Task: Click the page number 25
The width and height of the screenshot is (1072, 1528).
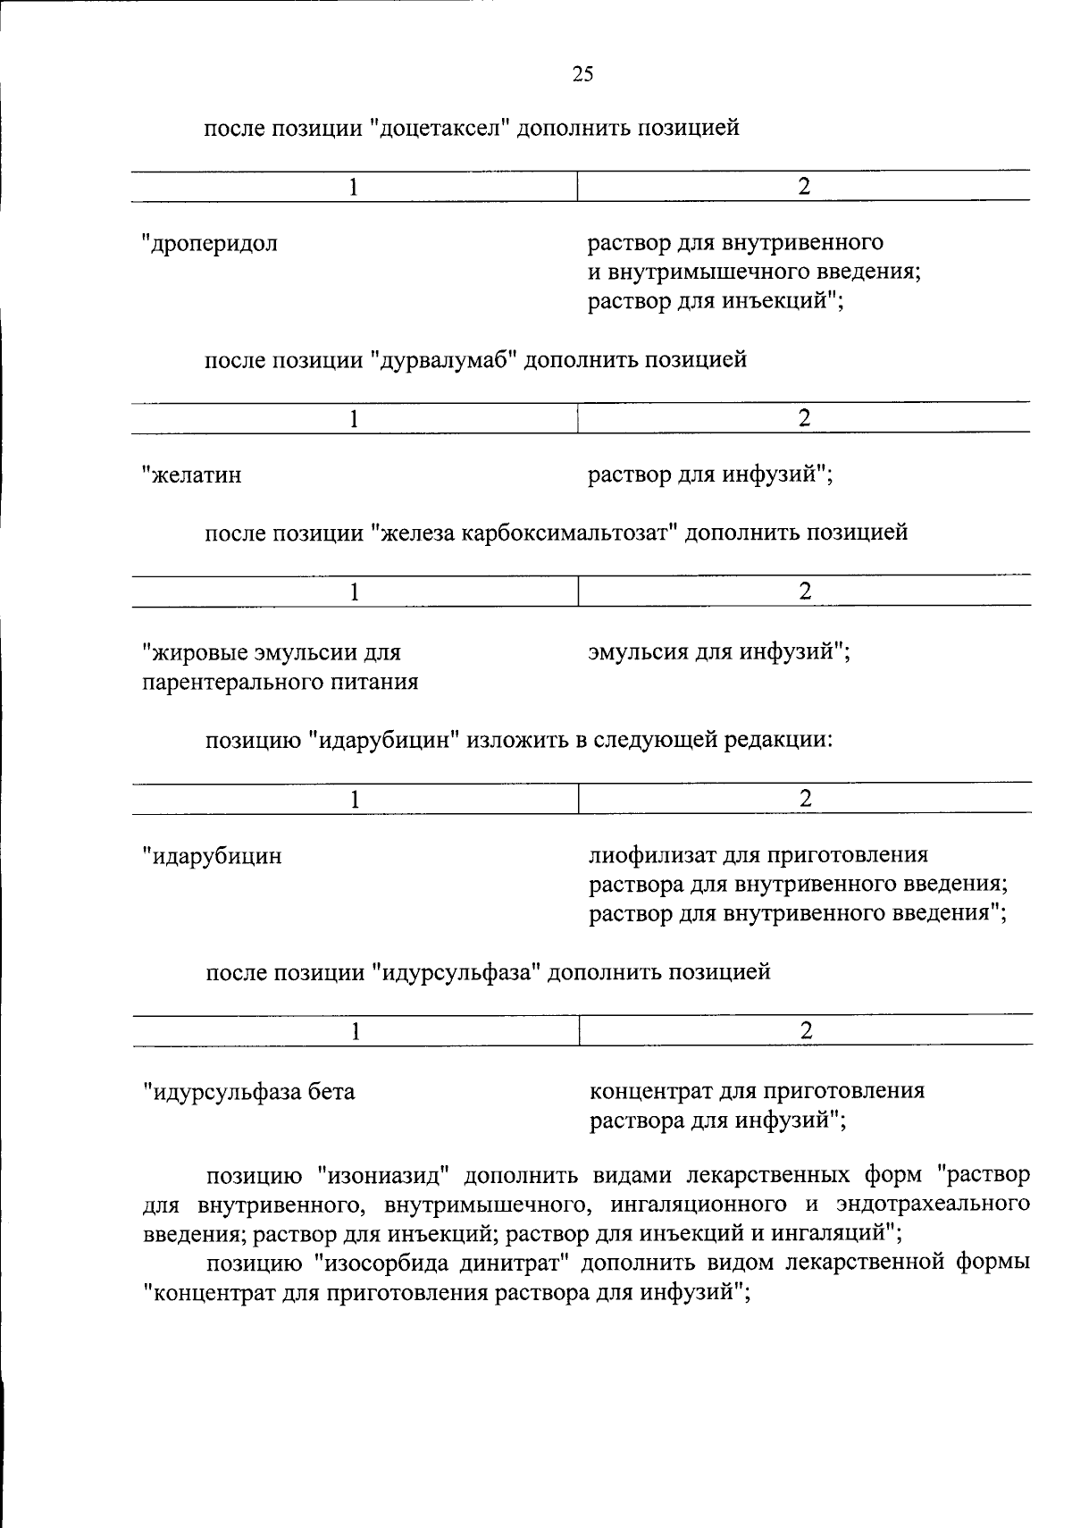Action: (582, 74)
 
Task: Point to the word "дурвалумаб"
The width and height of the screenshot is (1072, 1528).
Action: (445, 361)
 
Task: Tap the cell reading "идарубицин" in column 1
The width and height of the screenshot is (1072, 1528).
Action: (214, 856)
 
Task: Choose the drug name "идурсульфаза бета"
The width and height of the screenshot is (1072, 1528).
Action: (249, 1091)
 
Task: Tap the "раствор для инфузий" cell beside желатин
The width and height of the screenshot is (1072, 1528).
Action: (708, 474)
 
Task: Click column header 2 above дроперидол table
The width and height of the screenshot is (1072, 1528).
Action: (803, 187)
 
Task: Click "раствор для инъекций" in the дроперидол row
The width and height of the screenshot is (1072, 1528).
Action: (712, 301)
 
